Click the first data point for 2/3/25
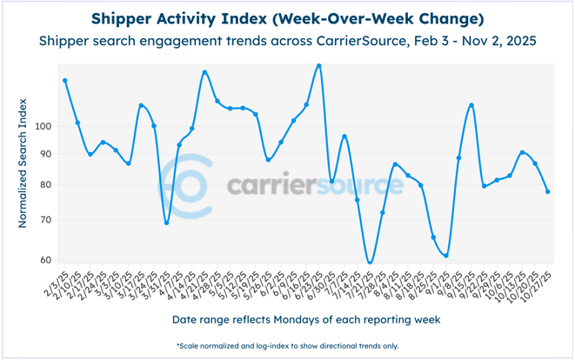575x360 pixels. click(65, 81)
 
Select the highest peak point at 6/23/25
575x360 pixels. click(319, 65)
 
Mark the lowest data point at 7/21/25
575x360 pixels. click(370, 262)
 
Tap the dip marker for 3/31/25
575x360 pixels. click(166, 223)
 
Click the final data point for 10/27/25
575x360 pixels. click(547, 191)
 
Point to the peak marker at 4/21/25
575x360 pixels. click(204, 72)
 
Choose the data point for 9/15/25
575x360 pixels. click(471, 105)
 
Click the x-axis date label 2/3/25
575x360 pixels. click(55, 281)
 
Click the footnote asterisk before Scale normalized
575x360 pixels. click(177, 345)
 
